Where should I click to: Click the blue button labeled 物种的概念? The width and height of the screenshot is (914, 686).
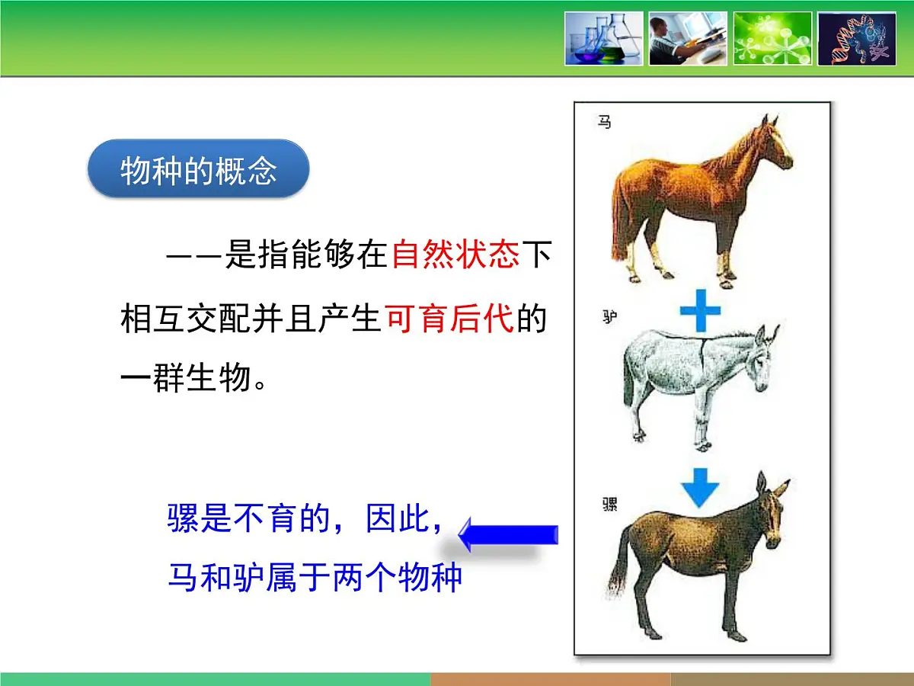tap(199, 169)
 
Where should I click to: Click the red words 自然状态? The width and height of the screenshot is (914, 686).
tap(455, 255)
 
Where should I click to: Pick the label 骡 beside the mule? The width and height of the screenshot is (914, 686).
tap(609, 504)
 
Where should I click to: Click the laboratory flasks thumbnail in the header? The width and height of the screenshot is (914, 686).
tap(604, 38)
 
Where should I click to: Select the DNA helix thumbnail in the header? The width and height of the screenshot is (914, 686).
tap(857, 38)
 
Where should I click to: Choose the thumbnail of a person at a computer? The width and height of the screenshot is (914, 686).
tap(688, 38)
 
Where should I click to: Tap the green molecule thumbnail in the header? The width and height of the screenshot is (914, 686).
tap(772, 38)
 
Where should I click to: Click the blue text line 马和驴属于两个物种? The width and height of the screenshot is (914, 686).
tap(315, 579)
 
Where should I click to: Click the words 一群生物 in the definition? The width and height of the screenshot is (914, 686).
tap(186, 378)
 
